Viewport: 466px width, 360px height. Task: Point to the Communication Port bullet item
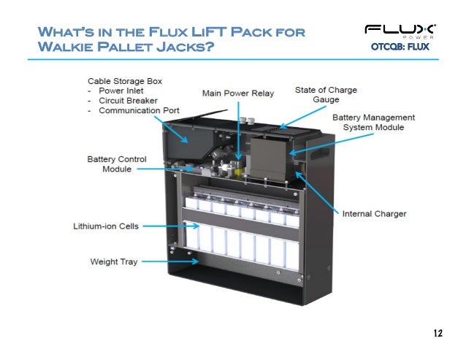[134, 112]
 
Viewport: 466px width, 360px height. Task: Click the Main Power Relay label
[237, 92]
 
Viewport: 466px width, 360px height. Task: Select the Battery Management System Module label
[373, 122]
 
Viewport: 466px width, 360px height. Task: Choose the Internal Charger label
[375, 213]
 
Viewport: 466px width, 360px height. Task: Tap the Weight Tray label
[114, 260]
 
